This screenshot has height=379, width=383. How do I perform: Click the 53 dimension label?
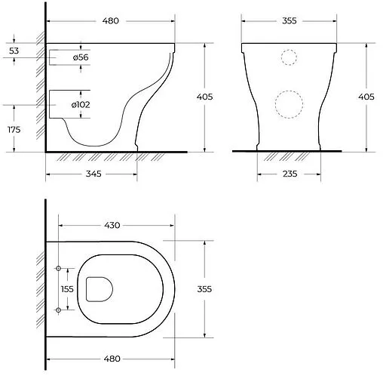pos(14,51)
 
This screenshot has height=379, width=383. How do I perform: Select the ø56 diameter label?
pos(81,57)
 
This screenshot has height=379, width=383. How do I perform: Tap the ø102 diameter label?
pos(81,104)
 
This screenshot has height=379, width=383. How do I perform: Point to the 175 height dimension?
pos(14,130)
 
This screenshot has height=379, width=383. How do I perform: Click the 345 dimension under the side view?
pos(93,174)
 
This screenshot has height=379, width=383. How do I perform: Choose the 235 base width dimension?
pos(290,174)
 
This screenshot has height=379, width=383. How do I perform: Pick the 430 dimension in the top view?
pos(112,225)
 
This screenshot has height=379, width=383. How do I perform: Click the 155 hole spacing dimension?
pos(67,289)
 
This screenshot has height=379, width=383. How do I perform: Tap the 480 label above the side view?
pos(111,21)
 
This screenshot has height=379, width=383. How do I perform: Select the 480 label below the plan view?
pos(112,359)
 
